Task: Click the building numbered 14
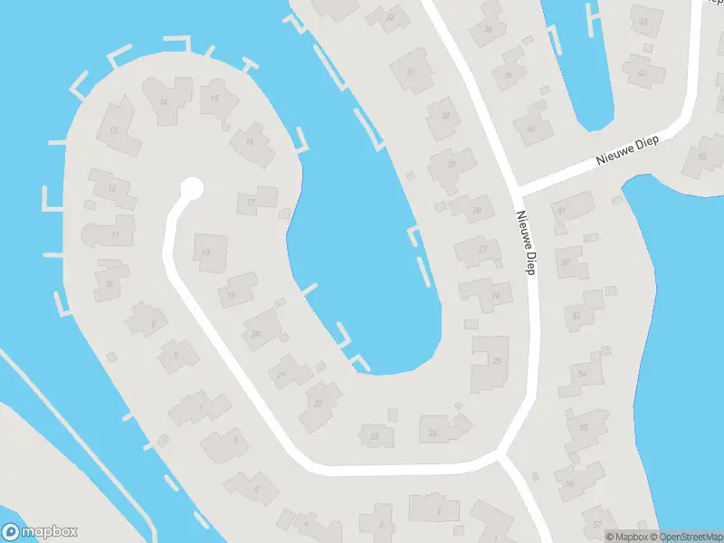tap(164, 102)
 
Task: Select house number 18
tap(207, 252)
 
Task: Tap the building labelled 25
tap(496, 360)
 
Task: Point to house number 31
tap(412, 71)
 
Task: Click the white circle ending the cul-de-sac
tap(191, 188)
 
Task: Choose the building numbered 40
tap(532, 128)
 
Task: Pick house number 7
tap(200, 408)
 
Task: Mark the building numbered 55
tap(584, 426)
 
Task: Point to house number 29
tap(452, 164)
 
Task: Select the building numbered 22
tap(318, 402)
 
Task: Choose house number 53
tap(576, 315)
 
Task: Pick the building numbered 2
tap(439, 510)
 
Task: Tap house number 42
tap(642, 71)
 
